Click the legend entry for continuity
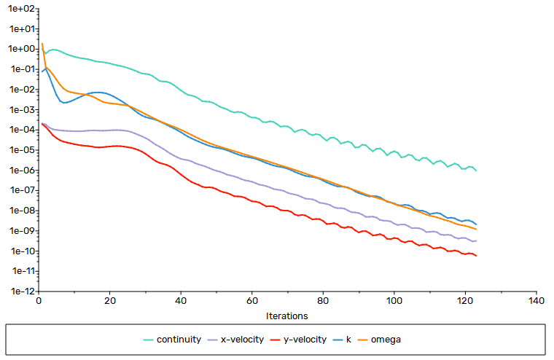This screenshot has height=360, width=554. click(x=172, y=340)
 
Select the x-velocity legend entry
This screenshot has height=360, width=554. click(x=235, y=340)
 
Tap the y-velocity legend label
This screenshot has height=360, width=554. click(x=299, y=340)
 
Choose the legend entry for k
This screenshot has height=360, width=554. click(x=342, y=340)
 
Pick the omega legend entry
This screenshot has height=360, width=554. click(x=380, y=340)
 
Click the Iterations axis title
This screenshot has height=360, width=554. click(x=287, y=316)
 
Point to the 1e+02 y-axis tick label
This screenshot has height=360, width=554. click(x=22, y=9)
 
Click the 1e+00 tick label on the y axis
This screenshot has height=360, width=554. click(x=22, y=49)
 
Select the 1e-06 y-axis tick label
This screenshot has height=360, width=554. click(x=23, y=171)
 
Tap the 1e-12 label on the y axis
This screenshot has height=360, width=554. click(x=23, y=291)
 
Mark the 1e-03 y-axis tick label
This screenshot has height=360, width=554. click(x=23, y=109)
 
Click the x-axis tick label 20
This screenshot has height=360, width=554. click(x=110, y=301)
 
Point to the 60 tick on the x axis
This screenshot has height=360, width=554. click(x=252, y=301)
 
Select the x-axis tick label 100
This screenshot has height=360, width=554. click(x=394, y=301)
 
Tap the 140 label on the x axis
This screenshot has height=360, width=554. click(x=537, y=301)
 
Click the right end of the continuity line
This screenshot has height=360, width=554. click(x=476, y=171)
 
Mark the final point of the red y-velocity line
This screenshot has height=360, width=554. click(x=476, y=256)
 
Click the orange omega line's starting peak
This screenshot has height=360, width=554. click(x=42, y=44)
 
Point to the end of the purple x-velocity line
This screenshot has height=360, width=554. click(x=476, y=241)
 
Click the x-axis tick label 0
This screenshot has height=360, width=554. click(x=39, y=301)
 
